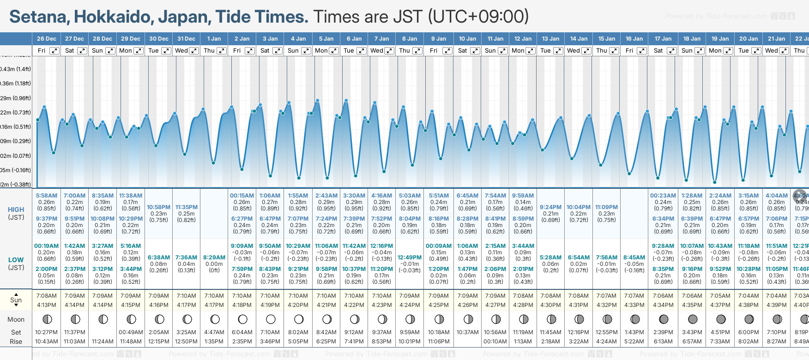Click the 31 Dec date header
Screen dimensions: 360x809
186,39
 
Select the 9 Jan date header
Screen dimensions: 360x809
439,39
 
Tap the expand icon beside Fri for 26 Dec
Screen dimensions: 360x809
54,51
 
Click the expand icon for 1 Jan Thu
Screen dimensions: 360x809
222,51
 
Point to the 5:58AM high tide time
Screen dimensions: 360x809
47,196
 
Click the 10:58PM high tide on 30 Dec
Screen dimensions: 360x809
158,207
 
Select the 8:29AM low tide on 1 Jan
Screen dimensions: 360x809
214,258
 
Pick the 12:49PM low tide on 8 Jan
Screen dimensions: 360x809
410,258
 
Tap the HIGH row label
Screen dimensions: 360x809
16,210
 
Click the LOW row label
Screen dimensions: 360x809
16,260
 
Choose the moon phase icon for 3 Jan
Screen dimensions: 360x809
271,319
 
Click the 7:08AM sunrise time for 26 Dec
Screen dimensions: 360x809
47,296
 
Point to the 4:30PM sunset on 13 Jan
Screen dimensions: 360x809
550,305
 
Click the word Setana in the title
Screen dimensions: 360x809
38,17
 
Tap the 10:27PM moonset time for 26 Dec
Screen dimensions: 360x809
47,332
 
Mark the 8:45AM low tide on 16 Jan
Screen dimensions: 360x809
634,258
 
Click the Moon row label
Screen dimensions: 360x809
16,319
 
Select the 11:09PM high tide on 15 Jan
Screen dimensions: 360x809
606,207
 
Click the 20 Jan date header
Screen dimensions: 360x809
748,39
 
